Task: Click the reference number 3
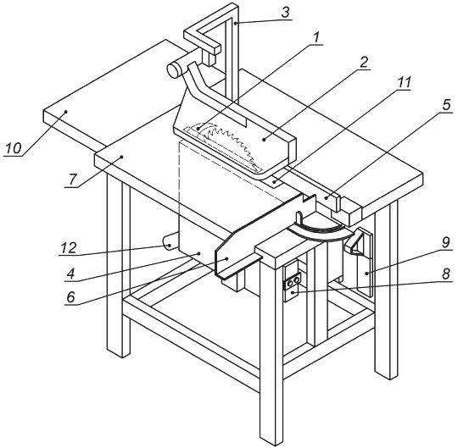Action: (x=285, y=13)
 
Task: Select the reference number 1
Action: (x=316, y=37)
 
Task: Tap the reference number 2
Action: (x=363, y=63)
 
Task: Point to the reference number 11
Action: (x=405, y=83)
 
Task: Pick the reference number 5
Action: (x=446, y=105)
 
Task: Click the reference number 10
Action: (x=14, y=148)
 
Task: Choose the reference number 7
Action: (x=72, y=180)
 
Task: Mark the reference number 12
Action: (x=69, y=248)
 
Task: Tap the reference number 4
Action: (x=71, y=274)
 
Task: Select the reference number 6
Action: (x=71, y=297)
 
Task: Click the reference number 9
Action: (x=445, y=243)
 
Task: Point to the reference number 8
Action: (x=446, y=274)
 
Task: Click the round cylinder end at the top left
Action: (x=174, y=70)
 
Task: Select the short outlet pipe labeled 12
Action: (x=170, y=242)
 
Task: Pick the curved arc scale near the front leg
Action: (x=317, y=232)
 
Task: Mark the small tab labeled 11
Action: (x=274, y=182)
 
